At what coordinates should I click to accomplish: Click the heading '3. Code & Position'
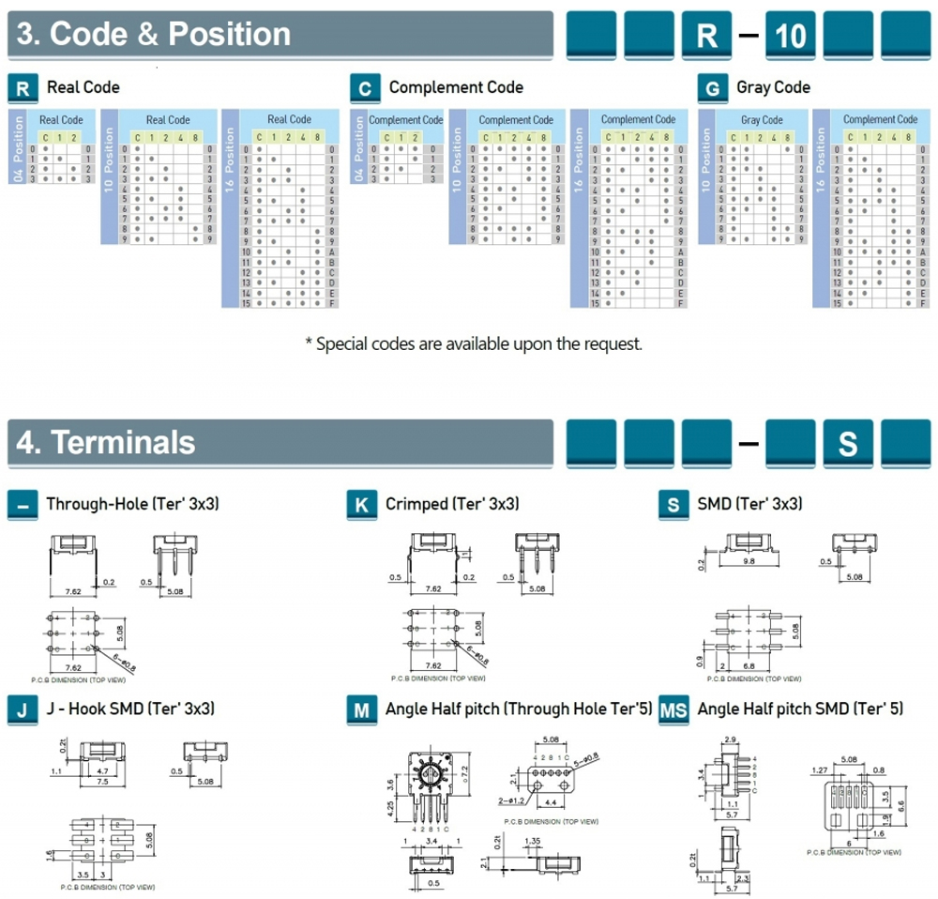155,35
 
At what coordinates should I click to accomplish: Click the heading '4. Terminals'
107,442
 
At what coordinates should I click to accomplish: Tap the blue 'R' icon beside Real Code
23,88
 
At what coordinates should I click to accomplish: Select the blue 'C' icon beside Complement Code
365,88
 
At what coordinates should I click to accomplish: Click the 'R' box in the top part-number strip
706,36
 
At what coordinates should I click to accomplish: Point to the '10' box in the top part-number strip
791,36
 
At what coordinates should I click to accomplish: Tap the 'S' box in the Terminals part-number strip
847,443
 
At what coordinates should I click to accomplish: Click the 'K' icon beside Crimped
361,505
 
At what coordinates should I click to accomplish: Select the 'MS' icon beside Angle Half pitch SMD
673,709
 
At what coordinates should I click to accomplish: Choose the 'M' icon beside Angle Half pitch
361,709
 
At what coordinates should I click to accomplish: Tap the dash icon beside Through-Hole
23,505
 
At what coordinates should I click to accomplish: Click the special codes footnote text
474,343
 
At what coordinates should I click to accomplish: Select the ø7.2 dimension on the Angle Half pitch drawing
462,771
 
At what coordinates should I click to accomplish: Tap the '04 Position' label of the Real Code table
15,147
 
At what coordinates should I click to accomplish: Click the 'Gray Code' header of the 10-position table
762,120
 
